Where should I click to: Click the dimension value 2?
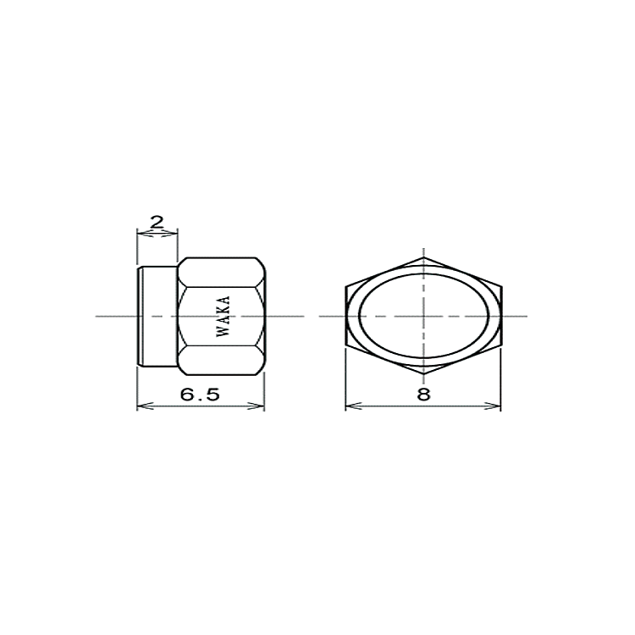point(157,222)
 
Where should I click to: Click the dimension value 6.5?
point(200,394)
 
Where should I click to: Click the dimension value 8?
point(423,394)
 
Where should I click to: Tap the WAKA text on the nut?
point(224,316)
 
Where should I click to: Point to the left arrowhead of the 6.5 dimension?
point(145,406)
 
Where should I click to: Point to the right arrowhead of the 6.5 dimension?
point(257,406)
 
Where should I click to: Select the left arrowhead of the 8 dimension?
point(354,406)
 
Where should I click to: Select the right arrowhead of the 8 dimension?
point(493,406)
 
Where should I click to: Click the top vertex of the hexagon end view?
point(423,257)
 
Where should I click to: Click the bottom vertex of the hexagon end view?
point(423,374)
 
